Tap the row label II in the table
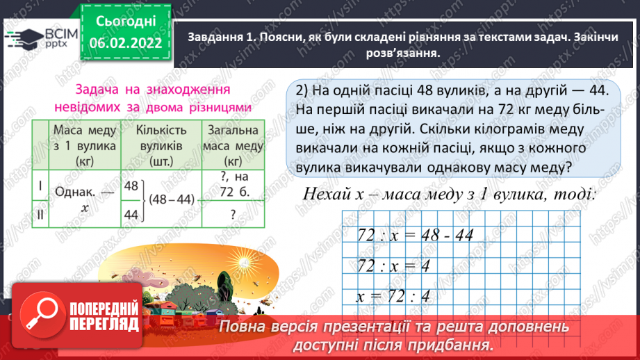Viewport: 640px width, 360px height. (40, 215)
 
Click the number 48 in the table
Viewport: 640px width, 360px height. (130, 186)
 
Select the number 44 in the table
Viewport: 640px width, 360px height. (130, 215)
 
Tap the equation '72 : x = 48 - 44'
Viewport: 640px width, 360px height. (414, 234)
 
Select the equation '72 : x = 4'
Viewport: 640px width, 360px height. (393, 265)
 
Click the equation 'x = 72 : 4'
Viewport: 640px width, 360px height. (393, 295)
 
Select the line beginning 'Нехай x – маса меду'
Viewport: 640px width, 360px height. (449, 193)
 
